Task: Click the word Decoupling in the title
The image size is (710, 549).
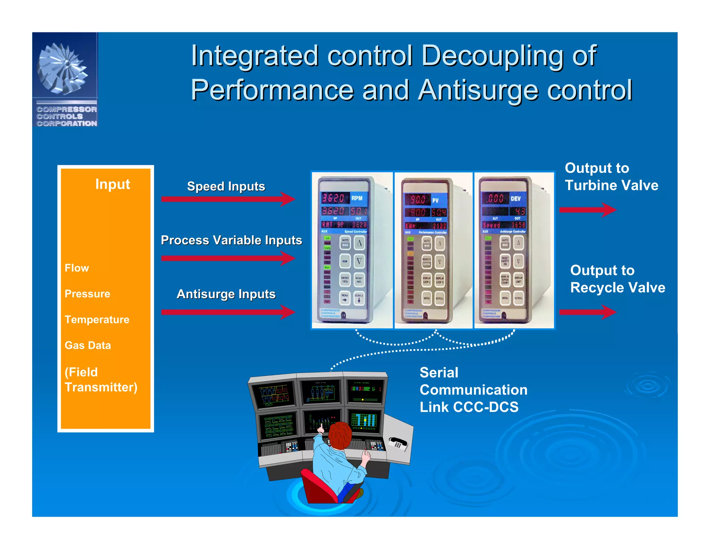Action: point(492,56)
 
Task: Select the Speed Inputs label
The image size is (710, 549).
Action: point(226,186)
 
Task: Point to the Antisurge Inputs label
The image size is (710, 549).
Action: point(226,294)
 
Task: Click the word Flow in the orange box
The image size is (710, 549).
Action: point(77,268)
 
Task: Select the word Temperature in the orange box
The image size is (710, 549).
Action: point(97,320)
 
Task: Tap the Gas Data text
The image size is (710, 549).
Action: point(88,345)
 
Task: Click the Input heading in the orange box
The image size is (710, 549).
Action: point(112,184)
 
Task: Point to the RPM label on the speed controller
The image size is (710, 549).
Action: point(357,198)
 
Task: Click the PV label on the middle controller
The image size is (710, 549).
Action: point(435,200)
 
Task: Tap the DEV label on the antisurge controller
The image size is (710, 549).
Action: point(515,199)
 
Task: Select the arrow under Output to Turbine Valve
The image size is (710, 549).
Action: point(587,210)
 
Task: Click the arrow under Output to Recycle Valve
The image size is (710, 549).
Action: point(587,312)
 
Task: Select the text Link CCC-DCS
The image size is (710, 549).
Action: point(469,407)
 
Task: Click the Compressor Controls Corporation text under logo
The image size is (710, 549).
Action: point(67,116)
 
